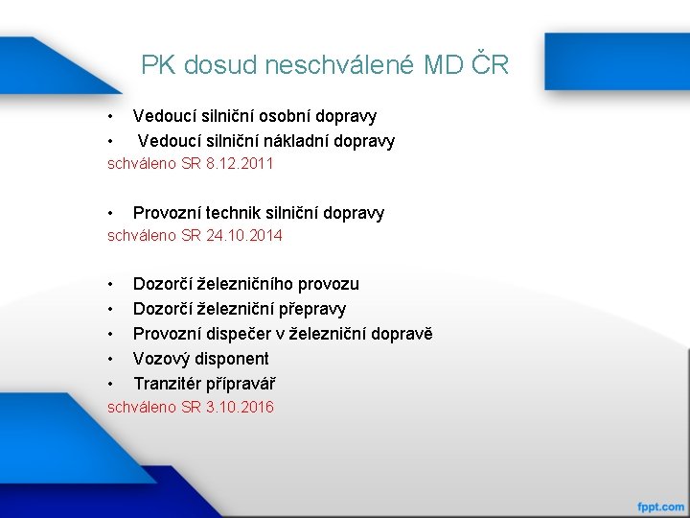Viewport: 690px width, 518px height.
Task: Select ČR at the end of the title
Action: tap(490, 64)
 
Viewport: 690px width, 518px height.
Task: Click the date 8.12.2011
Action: tap(240, 164)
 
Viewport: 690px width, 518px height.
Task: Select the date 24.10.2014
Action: tap(244, 235)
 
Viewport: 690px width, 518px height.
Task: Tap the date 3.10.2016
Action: tap(240, 408)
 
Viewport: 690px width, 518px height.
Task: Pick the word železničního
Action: tap(247, 284)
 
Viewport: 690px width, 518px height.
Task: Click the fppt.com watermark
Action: tap(661, 506)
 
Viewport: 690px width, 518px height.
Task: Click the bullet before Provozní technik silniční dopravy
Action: tap(112, 213)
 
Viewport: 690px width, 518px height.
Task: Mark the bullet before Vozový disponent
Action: tap(112, 359)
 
